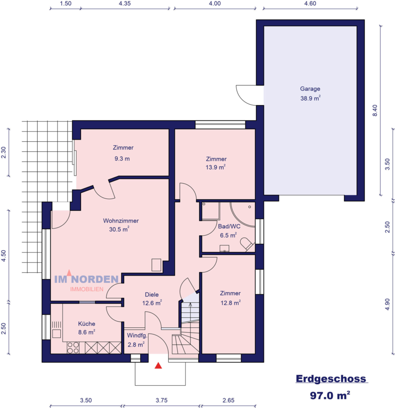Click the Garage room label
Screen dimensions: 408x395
tap(310, 89)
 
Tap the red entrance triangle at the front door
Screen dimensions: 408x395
tap(158, 365)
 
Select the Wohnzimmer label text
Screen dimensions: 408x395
tap(121, 221)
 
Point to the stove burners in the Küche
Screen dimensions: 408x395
tap(73, 348)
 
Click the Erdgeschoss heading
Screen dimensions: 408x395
tap(331, 379)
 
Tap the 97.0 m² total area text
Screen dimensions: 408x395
tap(330, 395)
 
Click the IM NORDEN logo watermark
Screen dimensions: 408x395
tap(87, 280)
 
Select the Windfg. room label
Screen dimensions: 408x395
tap(136, 336)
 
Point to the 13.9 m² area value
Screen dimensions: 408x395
tap(216, 167)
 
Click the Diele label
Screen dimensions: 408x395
tap(151, 294)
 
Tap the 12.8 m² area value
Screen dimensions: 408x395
tap(230, 303)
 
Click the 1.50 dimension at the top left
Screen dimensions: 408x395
tap(66, 3)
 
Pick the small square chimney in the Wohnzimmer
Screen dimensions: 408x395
tap(156, 265)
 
